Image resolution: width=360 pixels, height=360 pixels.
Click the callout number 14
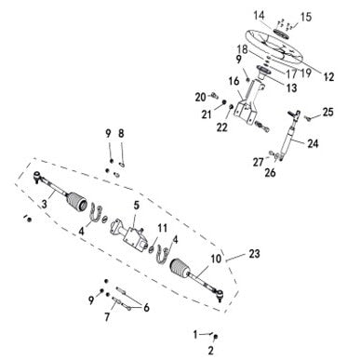pos(259,14)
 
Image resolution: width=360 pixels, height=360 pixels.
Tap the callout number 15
pos(307,16)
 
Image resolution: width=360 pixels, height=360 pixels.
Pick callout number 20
pos(200,96)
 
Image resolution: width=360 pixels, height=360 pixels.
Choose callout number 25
pos(327,113)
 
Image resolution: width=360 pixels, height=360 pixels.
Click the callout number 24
pos(313,143)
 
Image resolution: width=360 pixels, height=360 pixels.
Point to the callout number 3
pos(44,203)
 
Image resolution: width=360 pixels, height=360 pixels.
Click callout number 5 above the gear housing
pos(136,204)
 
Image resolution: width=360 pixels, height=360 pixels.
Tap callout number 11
pos(163,228)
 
